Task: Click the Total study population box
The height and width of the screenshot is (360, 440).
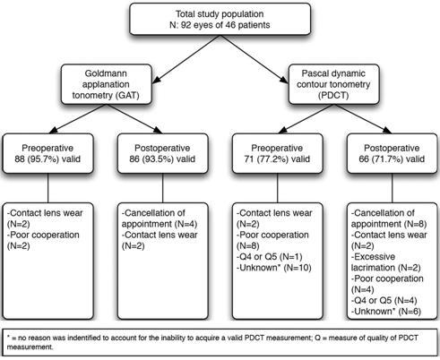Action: [x=220, y=19]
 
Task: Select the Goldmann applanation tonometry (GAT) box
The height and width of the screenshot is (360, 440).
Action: [x=107, y=84]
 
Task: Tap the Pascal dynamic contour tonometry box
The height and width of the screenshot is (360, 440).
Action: [x=333, y=84]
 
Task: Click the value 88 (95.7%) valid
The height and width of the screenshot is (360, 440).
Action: [x=47, y=159]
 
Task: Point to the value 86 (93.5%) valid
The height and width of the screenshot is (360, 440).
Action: [x=162, y=159]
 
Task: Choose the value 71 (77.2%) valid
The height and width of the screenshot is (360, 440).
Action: [x=277, y=159]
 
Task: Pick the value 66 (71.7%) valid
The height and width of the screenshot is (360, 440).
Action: [x=392, y=159]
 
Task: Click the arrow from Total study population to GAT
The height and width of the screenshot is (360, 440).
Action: [x=187, y=58]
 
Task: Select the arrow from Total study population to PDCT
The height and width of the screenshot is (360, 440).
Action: [x=254, y=58]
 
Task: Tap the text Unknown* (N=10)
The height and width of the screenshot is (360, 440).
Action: [x=274, y=268]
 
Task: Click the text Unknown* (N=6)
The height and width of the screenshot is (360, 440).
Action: [x=386, y=312]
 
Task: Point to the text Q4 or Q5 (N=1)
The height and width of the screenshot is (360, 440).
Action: [x=270, y=257]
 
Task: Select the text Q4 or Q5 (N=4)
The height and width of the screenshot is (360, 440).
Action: [x=384, y=300]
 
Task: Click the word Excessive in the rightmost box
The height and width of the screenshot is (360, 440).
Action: [x=374, y=257]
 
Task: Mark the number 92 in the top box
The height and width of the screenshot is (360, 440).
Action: [x=186, y=25]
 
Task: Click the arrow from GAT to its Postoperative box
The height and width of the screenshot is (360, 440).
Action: [x=134, y=119]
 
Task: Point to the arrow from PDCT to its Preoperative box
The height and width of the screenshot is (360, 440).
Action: [x=306, y=119]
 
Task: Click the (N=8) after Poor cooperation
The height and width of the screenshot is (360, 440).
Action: [x=247, y=246]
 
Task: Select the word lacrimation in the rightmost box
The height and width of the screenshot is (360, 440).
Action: [x=373, y=268]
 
